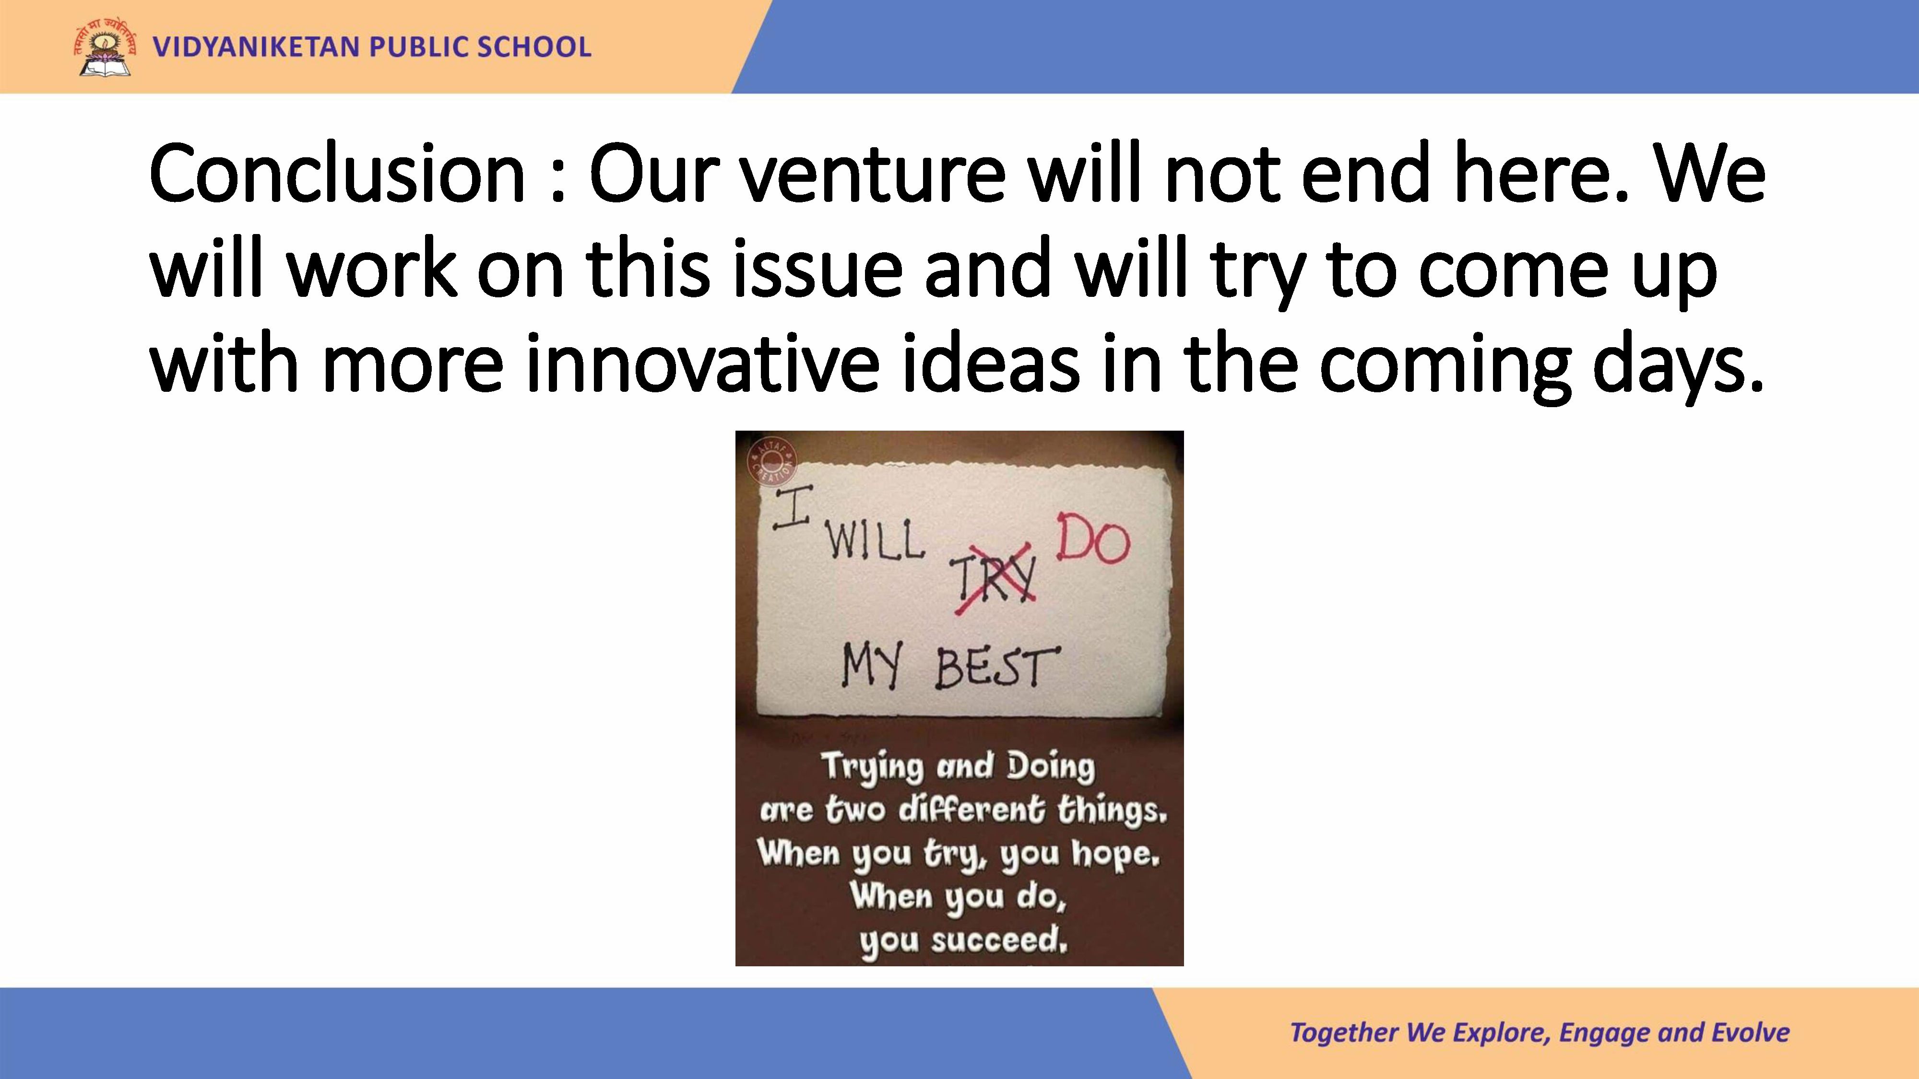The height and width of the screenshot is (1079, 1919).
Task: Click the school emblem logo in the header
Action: tap(105, 47)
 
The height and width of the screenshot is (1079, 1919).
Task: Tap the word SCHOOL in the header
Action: tap(534, 47)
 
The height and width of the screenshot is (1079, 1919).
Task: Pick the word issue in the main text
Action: tap(817, 269)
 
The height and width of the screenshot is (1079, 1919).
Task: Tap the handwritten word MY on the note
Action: tap(872, 666)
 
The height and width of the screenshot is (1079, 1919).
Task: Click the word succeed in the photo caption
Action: tap(999, 940)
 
